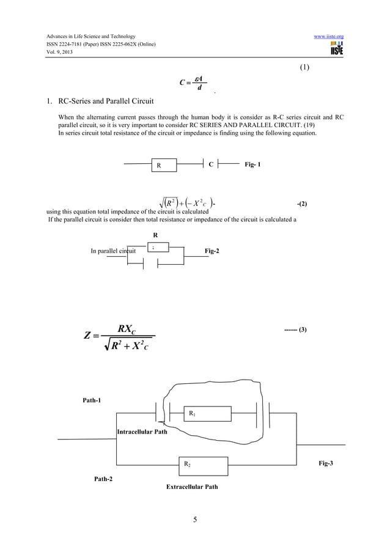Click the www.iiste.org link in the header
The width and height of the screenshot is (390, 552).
(x=328, y=37)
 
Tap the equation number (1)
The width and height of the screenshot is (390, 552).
(x=304, y=67)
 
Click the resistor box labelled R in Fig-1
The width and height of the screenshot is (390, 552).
(x=164, y=166)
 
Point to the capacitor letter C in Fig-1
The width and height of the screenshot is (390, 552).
(x=211, y=164)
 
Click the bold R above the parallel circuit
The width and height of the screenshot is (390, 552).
(x=155, y=234)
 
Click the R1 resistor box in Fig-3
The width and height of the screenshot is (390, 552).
(x=208, y=414)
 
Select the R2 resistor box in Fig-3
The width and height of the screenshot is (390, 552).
(x=203, y=466)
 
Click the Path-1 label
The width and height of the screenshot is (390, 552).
(x=92, y=400)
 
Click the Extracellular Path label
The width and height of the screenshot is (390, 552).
(x=192, y=487)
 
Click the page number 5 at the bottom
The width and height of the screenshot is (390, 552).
(x=195, y=520)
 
